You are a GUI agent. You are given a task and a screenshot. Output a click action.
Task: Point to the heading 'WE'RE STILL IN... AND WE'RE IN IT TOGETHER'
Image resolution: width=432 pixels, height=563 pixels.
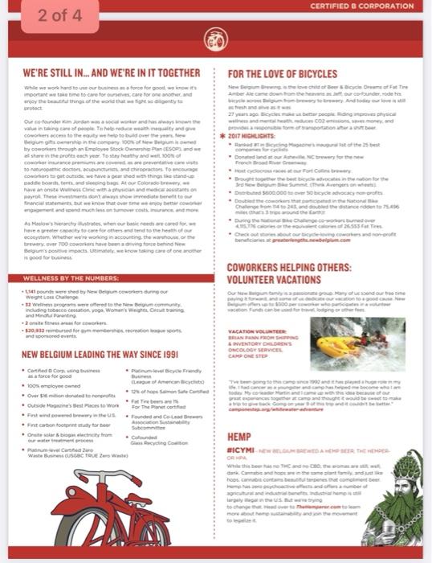[x=111, y=72]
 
